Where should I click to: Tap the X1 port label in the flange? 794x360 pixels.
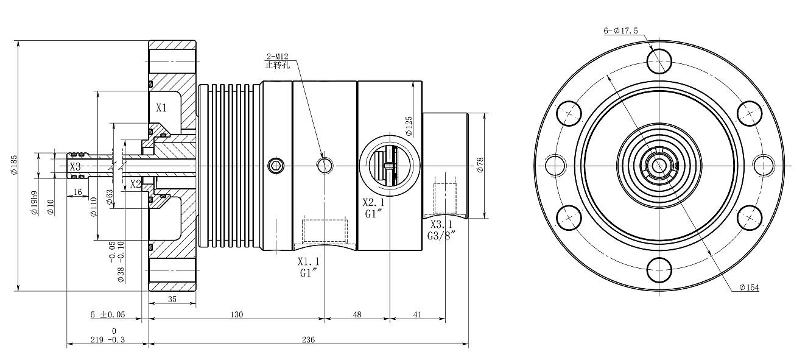(x=161, y=108)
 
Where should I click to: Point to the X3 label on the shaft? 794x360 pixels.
(x=75, y=166)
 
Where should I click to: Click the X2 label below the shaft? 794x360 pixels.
(x=135, y=183)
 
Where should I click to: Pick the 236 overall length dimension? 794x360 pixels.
(x=308, y=340)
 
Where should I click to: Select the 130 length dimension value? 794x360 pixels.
(x=237, y=314)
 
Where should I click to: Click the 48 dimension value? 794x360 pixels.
(x=357, y=314)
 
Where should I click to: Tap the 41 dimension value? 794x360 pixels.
(x=416, y=314)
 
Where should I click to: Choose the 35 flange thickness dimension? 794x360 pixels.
(x=172, y=298)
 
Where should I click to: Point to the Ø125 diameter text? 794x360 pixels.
(x=409, y=125)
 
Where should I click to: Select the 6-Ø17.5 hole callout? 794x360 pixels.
(x=620, y=30)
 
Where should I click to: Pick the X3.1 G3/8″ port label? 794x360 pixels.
(x=441, y=229)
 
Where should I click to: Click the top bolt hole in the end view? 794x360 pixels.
(x=659, y=61)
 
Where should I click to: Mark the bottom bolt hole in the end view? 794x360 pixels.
(x=659, y=269)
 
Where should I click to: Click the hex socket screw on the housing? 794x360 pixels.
(x=276, y=165)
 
